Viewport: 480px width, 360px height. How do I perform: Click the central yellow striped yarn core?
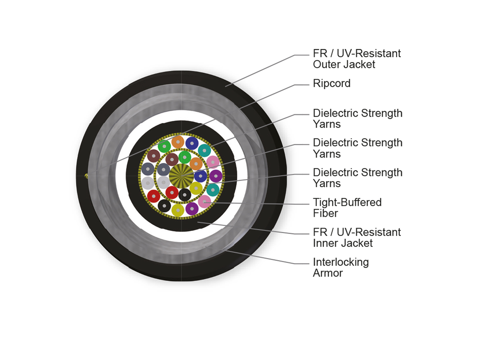click(181, 175)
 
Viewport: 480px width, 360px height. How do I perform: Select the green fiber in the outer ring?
click(164, 146)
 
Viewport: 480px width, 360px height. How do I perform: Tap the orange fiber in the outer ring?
click(178, 142)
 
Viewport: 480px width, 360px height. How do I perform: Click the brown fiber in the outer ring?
click(153, 156)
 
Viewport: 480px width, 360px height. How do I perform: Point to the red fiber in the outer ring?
click(154, 196)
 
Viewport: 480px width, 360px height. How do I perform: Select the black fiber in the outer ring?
click(164, 206)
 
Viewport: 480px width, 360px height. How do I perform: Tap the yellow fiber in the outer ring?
click(178, 209)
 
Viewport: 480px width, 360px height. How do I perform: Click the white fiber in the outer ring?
click(148, 183)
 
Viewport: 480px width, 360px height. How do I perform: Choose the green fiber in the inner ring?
click(184, 157)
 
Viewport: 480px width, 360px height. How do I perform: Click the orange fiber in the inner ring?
click(196, 163)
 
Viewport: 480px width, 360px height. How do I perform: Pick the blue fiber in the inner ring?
click(200, 176)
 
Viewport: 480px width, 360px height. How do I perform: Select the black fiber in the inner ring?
click(184, 194)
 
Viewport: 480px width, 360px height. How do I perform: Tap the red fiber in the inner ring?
click(172, 192)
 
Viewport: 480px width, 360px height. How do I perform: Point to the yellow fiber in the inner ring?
click(196, 188)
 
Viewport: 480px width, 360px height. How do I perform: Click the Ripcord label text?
click(332, 83)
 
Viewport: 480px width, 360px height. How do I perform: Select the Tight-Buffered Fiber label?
click(347, 208)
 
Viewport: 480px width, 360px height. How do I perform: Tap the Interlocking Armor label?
click(341, 268)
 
